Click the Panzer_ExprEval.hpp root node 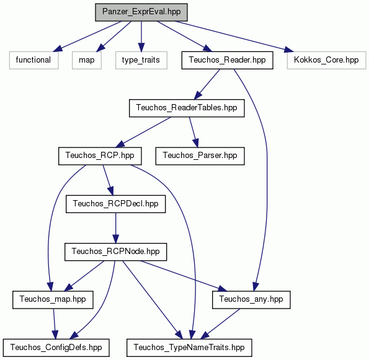[141, 12]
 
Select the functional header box [33, 60]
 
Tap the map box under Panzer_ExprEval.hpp [87, 60]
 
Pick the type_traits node [141, 60]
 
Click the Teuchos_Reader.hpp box [227, 60]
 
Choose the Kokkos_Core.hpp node [326, 60]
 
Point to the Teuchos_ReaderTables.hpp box [187, 108]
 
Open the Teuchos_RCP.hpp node [100, 156]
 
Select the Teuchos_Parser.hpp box [200, 156]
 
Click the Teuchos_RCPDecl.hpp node [115, 204]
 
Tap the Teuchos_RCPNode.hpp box [115, 252]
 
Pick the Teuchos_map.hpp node [53, 300]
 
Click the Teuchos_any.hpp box [251, 300]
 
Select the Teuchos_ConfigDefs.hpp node [56, 348]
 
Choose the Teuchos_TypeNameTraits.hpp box [189, 348]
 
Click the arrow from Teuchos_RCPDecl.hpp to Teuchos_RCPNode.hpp [115, 228]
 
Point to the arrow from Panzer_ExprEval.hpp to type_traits [141, 37]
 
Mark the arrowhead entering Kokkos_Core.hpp [288, 50]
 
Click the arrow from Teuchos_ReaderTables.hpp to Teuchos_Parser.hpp [194, 132]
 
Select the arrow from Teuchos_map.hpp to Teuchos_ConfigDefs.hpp [55, 324]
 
